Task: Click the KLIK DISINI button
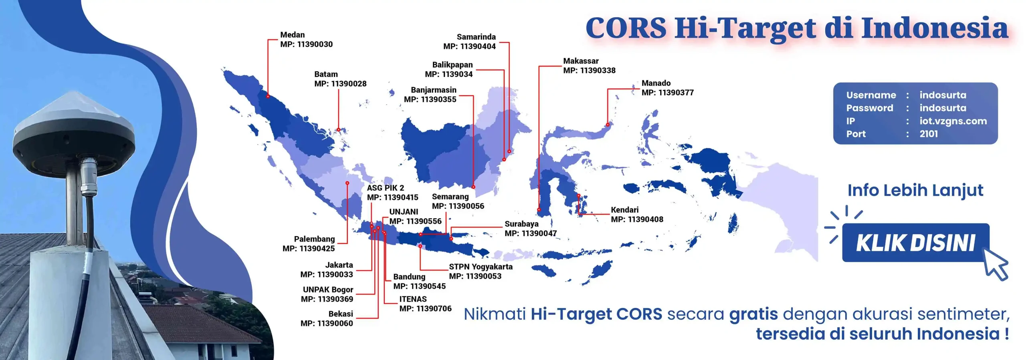pos(916,243)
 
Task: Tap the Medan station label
pos(306,39)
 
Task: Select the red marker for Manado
pos(608,125)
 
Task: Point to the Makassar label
pos(589,65)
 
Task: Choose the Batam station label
pos(340,79)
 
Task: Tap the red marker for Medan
pos(268,96)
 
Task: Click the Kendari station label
pos(637,214)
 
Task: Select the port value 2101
pos(929,134)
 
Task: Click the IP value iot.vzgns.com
pos(953,121)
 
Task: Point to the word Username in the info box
pos(871,95)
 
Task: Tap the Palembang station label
pos(309,244)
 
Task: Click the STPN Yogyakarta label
pos(481,271)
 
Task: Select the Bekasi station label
pos(327,319)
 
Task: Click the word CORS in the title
pos(626,28)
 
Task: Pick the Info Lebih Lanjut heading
pos(915,190)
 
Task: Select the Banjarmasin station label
pos(430,95)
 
